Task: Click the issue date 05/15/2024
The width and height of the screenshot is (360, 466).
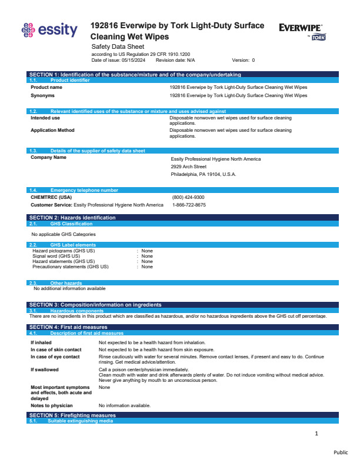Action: coord(136,60)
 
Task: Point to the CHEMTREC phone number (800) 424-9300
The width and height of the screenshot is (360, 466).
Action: coord(188,197)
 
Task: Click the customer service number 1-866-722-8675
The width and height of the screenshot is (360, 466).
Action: coord(189,205)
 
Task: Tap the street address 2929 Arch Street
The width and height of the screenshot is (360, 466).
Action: coord(188,167)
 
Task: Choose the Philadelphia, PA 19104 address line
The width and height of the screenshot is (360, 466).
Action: coord(203,174)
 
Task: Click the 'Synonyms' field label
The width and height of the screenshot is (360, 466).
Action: coord(43,95)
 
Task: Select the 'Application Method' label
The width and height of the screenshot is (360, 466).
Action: coord(52,130)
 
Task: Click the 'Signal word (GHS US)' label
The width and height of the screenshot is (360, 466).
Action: coord(56,256)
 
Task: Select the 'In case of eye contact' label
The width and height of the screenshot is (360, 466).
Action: coord(55,357)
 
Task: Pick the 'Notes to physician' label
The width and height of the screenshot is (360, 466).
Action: coord(52,405)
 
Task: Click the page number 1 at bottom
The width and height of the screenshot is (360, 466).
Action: coord(316,434)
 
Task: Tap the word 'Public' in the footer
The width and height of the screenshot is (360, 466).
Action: coord(341,452)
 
